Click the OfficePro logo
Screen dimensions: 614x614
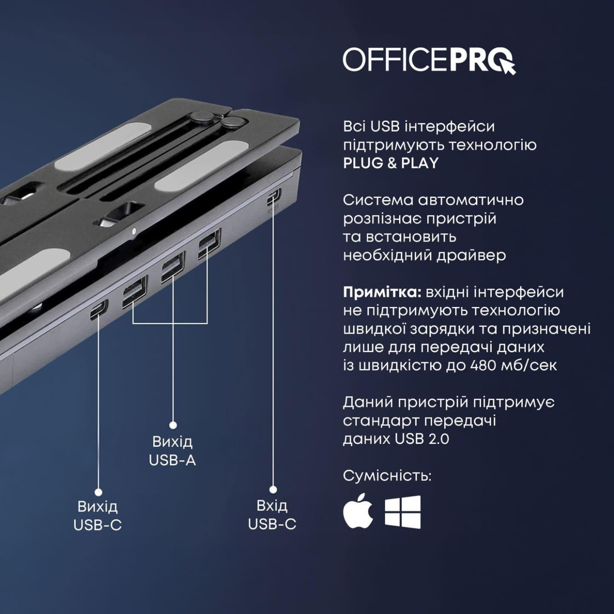click(x=429, y=60)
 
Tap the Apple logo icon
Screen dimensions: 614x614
click(x=358, y=511)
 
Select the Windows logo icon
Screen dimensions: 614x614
click(x=403, y=512)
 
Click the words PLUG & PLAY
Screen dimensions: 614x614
click(x=391, y=163)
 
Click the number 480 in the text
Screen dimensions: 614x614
click(x=483, y=365)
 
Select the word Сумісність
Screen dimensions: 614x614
click(x=387, y=476)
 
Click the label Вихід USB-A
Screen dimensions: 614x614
click(x=172, y=451)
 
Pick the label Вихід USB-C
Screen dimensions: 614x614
click(x=97, y=516)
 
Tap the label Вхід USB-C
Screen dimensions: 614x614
click(x=272, y=515)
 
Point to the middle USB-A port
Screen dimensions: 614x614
click(x=172, y=268)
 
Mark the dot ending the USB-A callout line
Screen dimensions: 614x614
click(x=173, y=425)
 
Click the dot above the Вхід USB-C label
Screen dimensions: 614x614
click(x=273, y=489)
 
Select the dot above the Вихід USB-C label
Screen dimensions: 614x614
click(x=98, y=492)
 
